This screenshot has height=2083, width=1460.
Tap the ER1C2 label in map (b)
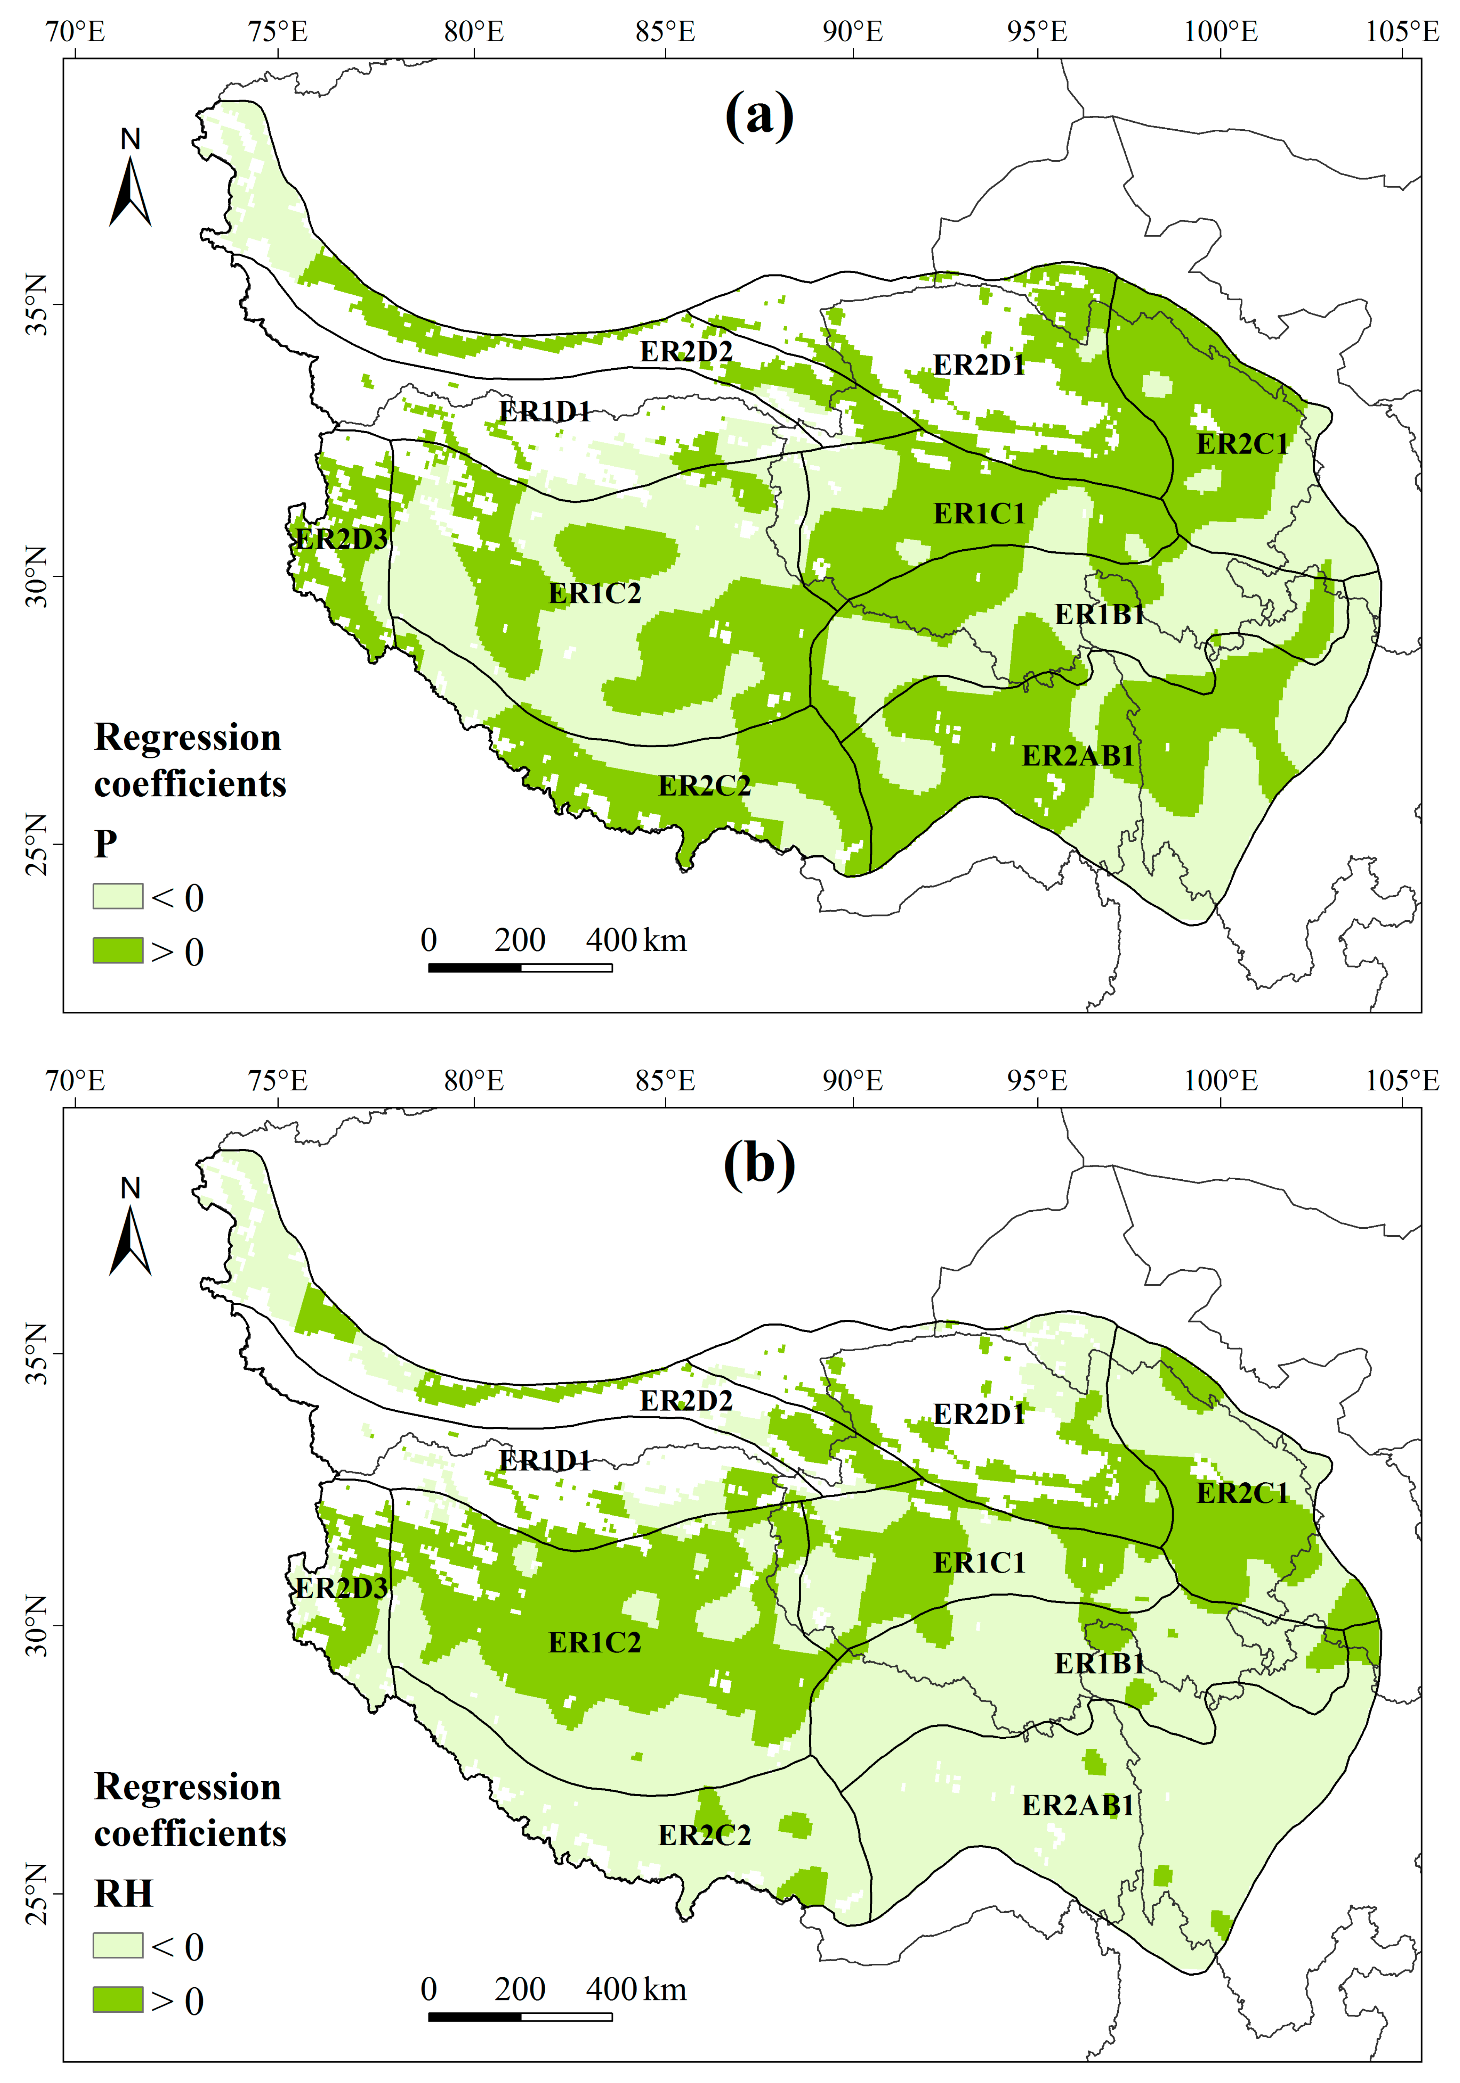[595, 1642]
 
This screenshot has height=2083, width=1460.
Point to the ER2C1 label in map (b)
[1242, 1492]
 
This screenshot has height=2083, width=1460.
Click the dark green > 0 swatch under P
[118, 950]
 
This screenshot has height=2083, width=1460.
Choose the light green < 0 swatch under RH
[118, 1945]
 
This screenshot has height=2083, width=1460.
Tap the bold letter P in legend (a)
[105, 844]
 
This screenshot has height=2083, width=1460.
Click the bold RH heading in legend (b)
[124, 1893]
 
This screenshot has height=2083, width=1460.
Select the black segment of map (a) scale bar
[474, 967]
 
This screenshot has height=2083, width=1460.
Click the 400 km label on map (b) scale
[635, 1990]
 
